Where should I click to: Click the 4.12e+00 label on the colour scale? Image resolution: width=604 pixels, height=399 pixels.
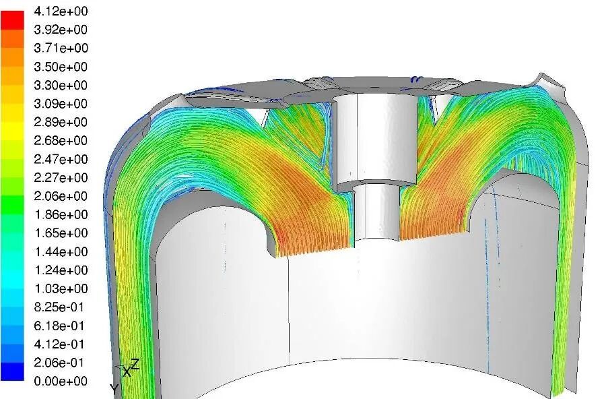point(61,11)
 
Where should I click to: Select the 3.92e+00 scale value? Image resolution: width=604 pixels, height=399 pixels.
point(61,30)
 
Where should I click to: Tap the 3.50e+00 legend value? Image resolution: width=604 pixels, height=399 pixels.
point(61,67)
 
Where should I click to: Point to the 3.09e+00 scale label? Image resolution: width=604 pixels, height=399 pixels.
point(61,104)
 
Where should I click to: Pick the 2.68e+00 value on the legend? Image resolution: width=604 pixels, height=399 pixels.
point(61,141)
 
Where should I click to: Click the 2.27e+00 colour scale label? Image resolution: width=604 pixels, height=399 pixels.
point(61,178)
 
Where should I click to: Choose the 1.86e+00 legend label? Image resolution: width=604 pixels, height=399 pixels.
point(61,215)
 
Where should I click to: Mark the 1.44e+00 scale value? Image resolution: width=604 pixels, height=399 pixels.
point(61,252)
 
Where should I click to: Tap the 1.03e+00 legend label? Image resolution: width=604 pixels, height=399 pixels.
point(61,288)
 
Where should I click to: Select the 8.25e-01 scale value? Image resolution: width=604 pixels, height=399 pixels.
point(59,307)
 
